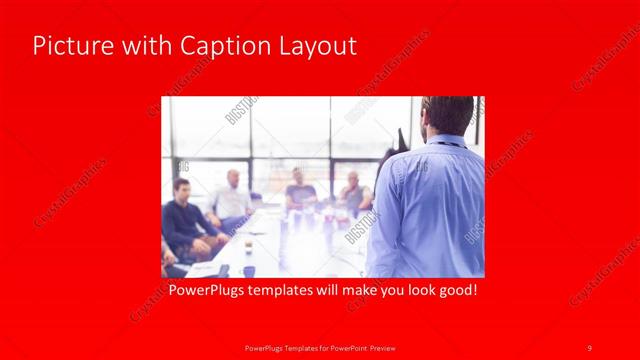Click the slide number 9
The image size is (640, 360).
point(589,347)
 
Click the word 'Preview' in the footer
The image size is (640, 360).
point(385,347)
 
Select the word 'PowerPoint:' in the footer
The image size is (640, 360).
point(345,347)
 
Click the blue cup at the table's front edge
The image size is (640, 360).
point(248,270)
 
